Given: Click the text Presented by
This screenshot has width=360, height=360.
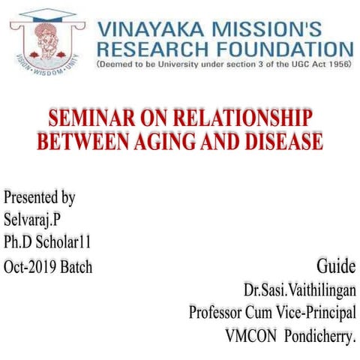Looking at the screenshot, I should pos(39,198).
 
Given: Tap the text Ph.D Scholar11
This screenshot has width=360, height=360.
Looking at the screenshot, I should pos(52,243).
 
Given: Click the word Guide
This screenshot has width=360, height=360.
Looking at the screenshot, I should pos(336,266).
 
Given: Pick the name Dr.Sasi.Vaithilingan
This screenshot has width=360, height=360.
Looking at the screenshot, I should pos(299,289).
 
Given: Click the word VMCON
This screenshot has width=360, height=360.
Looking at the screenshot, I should pos(250,335).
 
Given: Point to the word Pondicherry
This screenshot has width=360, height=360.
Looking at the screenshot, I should pos(319,335).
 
